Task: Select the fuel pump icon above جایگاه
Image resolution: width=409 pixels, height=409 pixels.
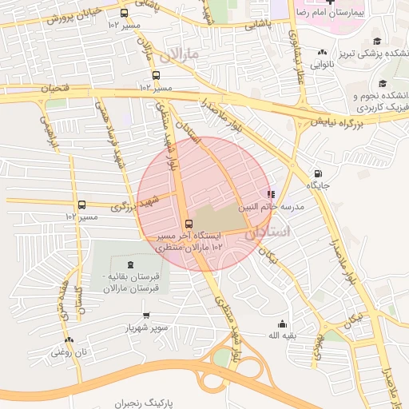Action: (x=319, y=173)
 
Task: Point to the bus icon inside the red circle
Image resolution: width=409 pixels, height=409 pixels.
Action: (x=189, y=224)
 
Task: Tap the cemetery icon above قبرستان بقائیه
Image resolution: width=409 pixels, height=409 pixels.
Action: (x=130, y=264)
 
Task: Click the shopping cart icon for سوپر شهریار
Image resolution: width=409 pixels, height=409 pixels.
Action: (x=145, y=316)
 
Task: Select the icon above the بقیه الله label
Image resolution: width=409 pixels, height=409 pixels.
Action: (x=282, y=324)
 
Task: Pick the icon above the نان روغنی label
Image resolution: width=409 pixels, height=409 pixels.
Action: (x=69, y=340)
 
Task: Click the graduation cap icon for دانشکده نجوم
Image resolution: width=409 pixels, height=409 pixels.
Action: (x=382, y=83)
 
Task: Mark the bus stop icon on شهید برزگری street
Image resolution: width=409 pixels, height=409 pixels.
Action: (x=81, y=204)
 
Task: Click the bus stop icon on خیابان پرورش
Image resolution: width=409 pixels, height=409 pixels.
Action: (x=123, y=13)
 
